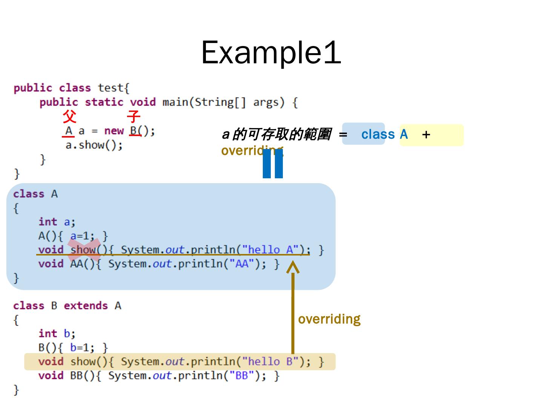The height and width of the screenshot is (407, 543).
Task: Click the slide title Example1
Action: click(271, 52)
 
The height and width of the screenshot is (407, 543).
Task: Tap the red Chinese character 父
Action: click(69, 117)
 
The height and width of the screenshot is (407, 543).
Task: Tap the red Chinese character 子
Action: click(133, 117)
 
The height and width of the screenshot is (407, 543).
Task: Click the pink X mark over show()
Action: click(84, 249)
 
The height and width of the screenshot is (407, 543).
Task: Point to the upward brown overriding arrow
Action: click(293, 309)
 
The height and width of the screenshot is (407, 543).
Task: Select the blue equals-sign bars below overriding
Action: click(273, 164)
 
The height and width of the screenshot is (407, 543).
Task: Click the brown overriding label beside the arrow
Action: click(329, 319)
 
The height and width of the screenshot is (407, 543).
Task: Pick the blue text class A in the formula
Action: click(384, 134)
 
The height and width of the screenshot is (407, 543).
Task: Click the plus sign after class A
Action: click(426, 135)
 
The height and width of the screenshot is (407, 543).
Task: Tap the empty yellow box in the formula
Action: click(445, 135)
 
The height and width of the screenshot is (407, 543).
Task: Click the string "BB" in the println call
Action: click(241, 376)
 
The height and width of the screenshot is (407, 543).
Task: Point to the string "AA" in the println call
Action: click(241, 264)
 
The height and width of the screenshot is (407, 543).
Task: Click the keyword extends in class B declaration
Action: click(86, 306)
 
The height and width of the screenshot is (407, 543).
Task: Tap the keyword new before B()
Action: click(114, 131)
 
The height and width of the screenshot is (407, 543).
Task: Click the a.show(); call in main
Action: click(94, 145)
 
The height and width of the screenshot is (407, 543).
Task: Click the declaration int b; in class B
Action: click(57, 334)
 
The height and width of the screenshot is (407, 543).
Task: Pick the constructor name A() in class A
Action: click(47, 236)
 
